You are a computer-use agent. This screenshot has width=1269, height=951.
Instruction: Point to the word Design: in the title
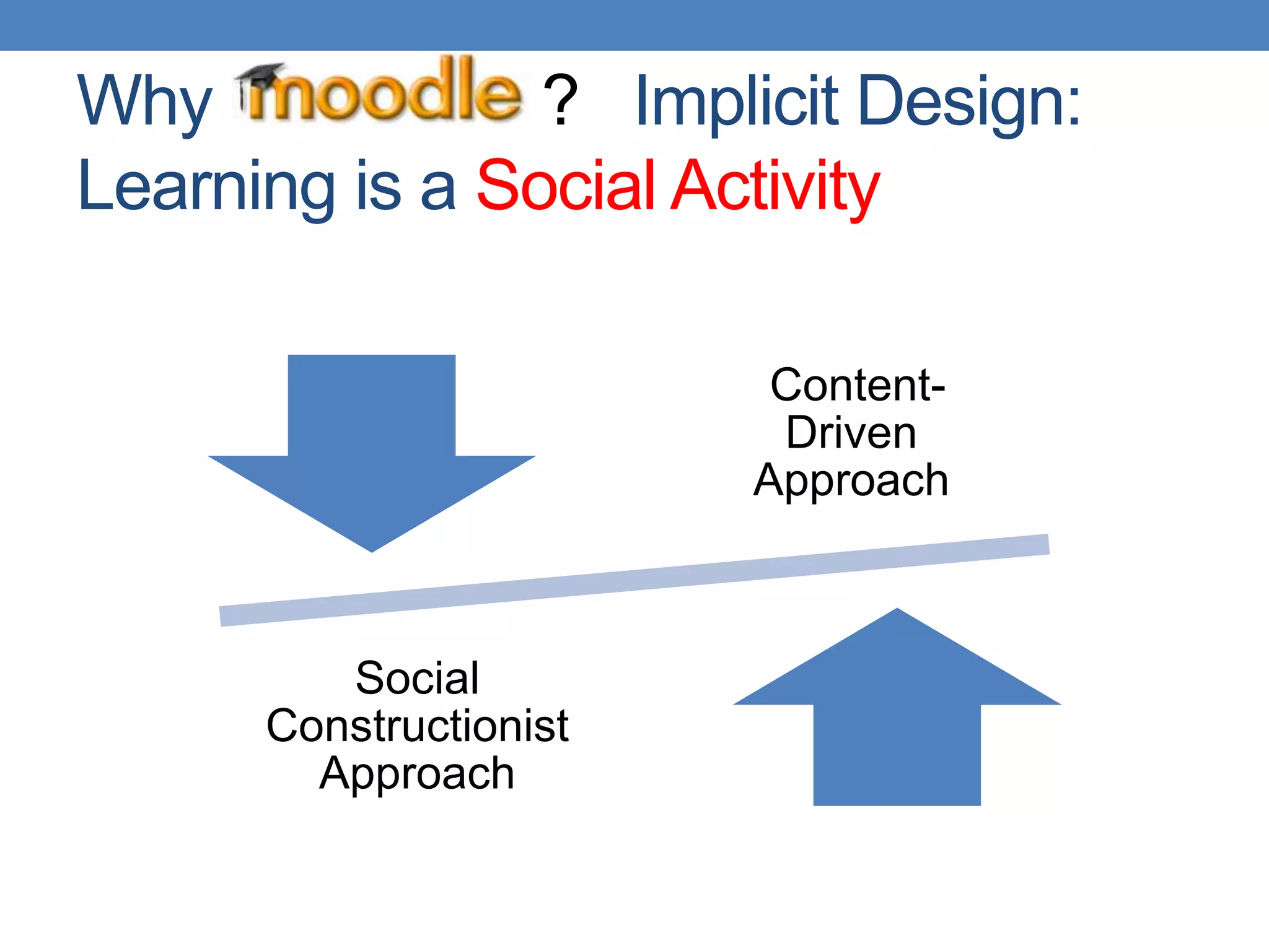[x=969, y=101]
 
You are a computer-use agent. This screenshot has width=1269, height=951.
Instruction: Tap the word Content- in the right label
[x=857, y=385]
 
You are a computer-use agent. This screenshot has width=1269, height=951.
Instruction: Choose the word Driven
[x=851, y=433]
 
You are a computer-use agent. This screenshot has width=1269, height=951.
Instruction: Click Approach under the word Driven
[x=851, y=481]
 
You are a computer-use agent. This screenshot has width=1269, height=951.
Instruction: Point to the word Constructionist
[x=417, y=726]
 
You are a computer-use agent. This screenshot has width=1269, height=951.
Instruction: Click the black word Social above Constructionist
[x=417, y=678]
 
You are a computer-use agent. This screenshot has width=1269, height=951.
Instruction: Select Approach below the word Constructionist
[x=417, y=774]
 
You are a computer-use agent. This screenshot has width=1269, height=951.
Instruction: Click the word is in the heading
[x=378, y=186]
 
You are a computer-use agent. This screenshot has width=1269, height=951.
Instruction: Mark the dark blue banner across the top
[x=634, y=25]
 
